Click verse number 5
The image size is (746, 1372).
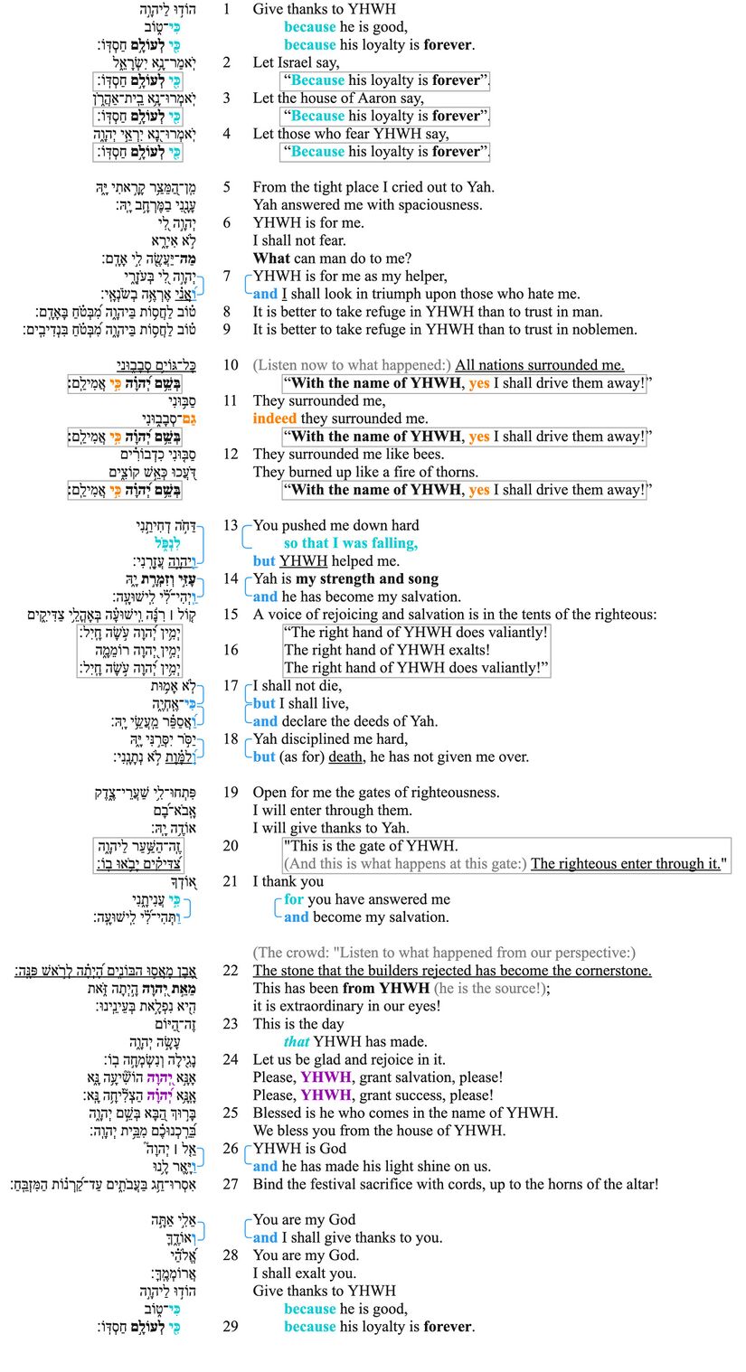[x=227, y=187]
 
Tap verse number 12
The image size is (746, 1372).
[x=231, y=454]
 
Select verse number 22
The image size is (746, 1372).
[x=231, y=970]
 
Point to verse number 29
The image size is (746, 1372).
[x=231, y=1327]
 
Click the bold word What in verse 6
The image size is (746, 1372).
[x=271, y=258]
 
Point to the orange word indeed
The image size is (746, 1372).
[x=274, y=418]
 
